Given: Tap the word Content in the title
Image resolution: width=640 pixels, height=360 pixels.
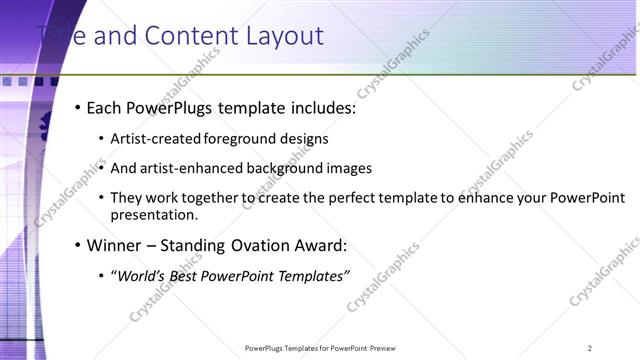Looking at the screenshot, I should click(192, 37).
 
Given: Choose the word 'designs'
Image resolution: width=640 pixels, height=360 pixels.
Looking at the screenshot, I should click(304, 139).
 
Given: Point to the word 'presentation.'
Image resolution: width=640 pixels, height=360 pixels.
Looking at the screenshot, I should click(154, 214).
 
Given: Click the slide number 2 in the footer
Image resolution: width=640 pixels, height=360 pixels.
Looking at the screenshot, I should click(589, 348).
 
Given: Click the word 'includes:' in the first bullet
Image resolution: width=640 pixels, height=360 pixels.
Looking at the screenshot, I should click(321, 108).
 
